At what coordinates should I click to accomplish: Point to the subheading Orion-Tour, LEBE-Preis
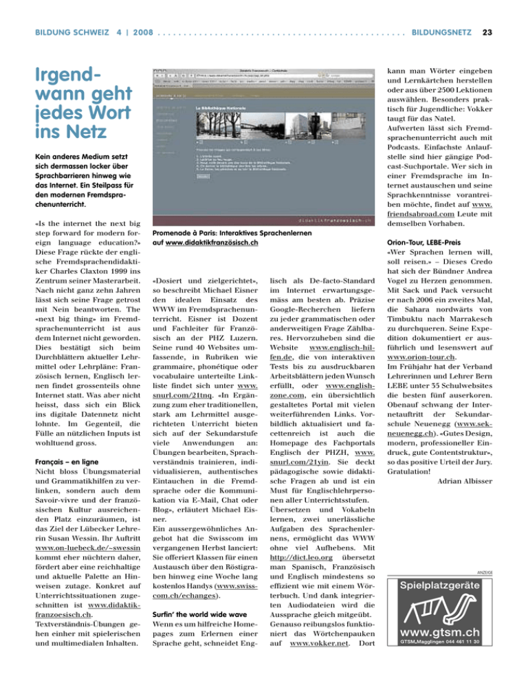420,251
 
